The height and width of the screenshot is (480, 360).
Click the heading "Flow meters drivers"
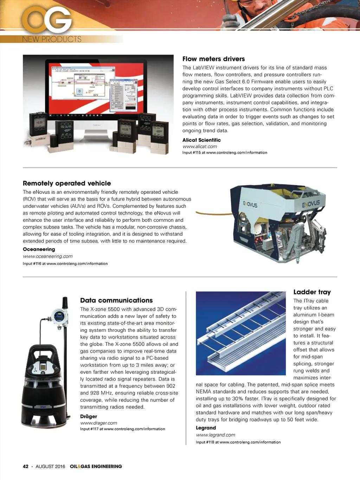(x=213, y=59)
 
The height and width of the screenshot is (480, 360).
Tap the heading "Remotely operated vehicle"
(x=67, y=183)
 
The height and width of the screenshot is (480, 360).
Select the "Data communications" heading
(x=116, y=300)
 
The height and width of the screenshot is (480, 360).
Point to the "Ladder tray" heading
(x=312, y=292)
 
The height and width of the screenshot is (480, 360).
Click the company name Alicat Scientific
(x=201, y=140)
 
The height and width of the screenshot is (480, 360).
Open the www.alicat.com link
(x=200, y=146)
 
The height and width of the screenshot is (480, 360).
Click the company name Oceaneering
(x=39, y=249)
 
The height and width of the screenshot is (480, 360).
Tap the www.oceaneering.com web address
(x=48, y=256)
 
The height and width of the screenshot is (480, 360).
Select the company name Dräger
(x=89, y=416)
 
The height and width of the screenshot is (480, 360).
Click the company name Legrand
(x=206, y=428)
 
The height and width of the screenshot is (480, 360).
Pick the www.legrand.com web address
(x=216, y=435)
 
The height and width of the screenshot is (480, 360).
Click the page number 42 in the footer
(x=26, y=467)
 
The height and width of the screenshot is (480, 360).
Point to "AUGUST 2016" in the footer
(x=50, y=467)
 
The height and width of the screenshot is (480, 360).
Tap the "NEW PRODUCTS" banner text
(x=52, y=39)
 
